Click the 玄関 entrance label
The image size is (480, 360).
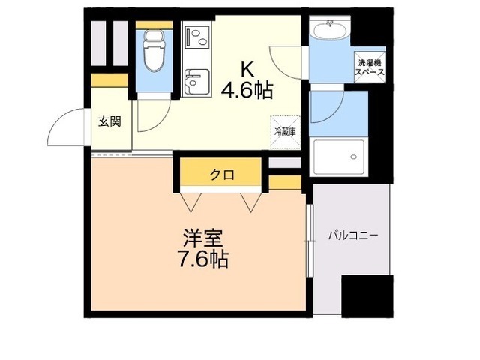[x=109, y=121]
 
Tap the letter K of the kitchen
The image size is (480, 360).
[x=246, y=69]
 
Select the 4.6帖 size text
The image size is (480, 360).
[x=246, y=91]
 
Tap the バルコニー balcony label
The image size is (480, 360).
[x=352, y=235]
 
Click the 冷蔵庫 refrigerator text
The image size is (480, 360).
[x=285, y=131]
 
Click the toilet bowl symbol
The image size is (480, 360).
[x=154, y=52]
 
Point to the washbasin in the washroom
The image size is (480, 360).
[x=329, y=31]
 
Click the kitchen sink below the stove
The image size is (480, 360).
[x=197, y=81]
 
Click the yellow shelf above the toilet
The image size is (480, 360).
[x=154, y=24]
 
